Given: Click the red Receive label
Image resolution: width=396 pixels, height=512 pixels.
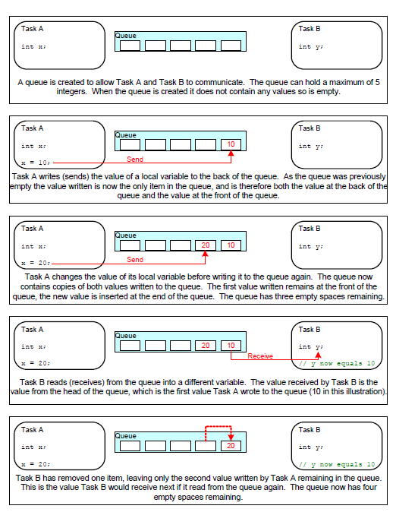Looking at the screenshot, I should (x=259, y=356).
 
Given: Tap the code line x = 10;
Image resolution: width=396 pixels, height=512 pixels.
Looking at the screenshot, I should (x=35, y=163).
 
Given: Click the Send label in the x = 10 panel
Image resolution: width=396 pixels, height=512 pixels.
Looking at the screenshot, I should (x=134, y=160).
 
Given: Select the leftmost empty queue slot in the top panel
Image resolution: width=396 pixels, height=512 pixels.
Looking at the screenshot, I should (x=130, y=46).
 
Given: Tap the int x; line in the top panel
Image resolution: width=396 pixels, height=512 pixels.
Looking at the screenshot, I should (x=33, y=47).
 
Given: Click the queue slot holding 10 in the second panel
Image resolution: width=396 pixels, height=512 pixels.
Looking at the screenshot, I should (x=231, y=144).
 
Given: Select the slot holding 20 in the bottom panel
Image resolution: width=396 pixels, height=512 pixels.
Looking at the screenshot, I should (x=231, y=446).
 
